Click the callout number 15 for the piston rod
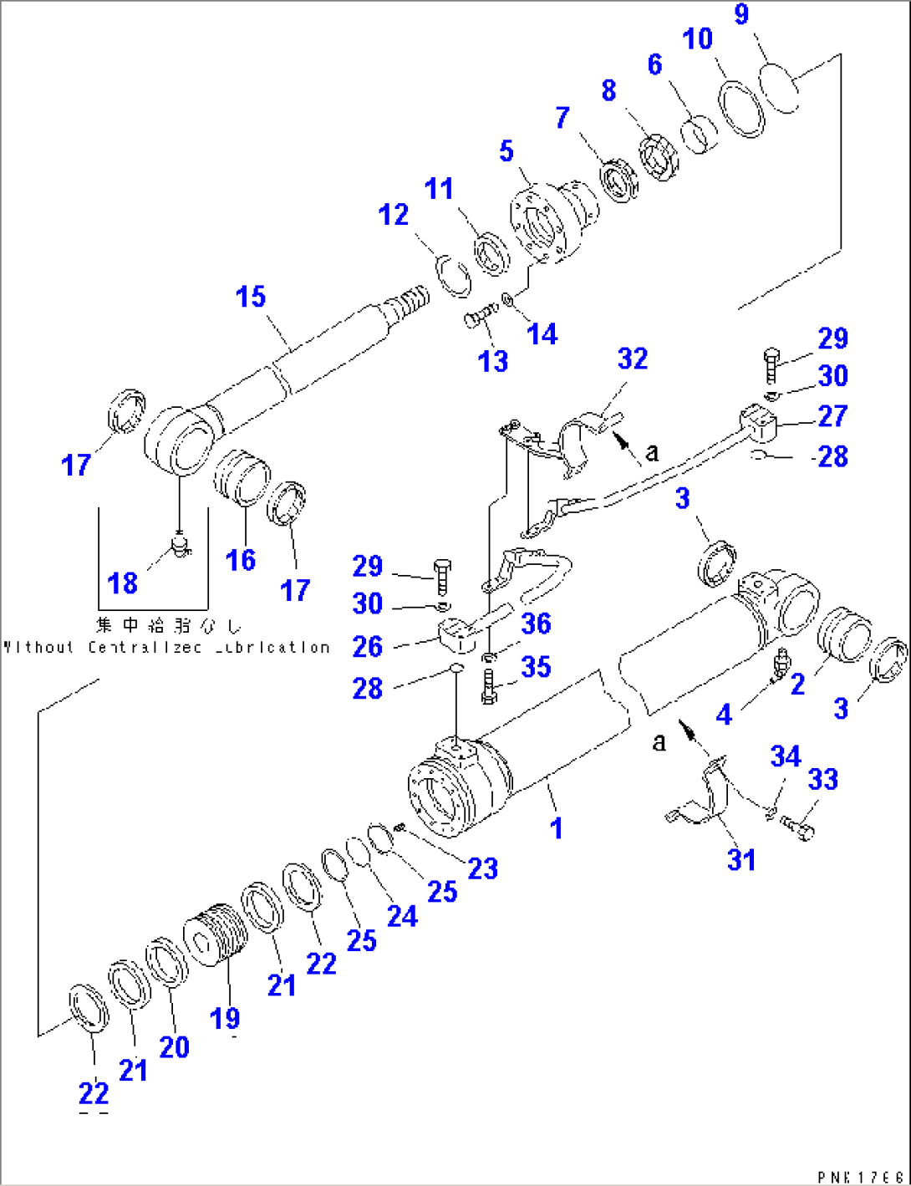click(x=251, y=297)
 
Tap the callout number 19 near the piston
click(x=225, y=1018)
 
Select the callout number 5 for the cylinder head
click(x=506, y=151)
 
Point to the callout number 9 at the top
click(x=741, y=15)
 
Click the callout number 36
click(x=536, y=624)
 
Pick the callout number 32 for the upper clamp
click(x=633, y=359)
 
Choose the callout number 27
click(x=832, y=415)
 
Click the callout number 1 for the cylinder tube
click(x=557, y=828)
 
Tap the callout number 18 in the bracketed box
click(x=123, y=583)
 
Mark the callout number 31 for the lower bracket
click(x=741, y=859)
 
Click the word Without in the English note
click(x=39, y=648)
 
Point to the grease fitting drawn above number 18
click(x=181, y=546)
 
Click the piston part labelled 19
click(x=216, y=934)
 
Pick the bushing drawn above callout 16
click(x=242, y=477)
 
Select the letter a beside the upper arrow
click(x=652, y=452)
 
